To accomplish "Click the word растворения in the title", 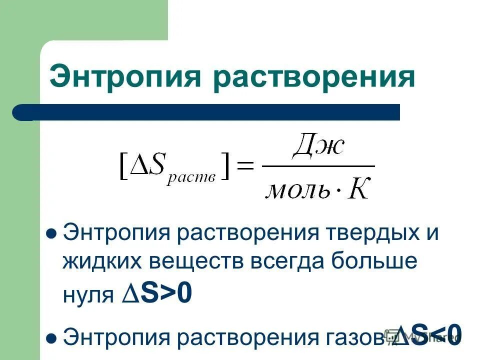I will (x=313, y=78).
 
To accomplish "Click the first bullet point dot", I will (x=50, y=233).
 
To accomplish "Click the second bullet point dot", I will (x=50, y=338).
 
